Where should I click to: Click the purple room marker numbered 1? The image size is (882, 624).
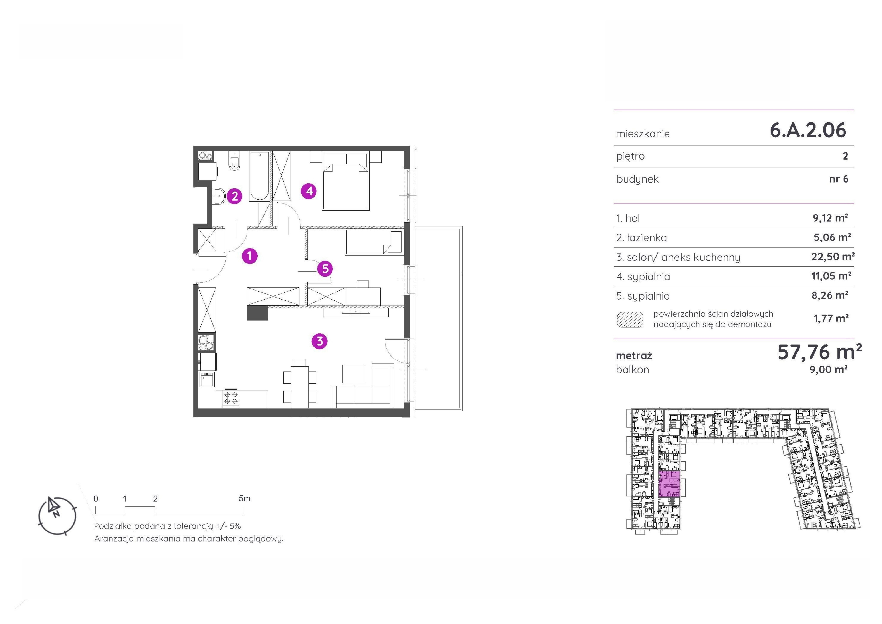[250, 256]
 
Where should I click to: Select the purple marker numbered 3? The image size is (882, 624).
[320, 341]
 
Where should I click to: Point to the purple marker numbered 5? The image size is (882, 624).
[325, 268]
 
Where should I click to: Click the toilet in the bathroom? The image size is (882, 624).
[234, 161]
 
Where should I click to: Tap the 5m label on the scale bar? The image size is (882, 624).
[244, 499]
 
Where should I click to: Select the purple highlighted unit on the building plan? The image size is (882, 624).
[670, 484]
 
